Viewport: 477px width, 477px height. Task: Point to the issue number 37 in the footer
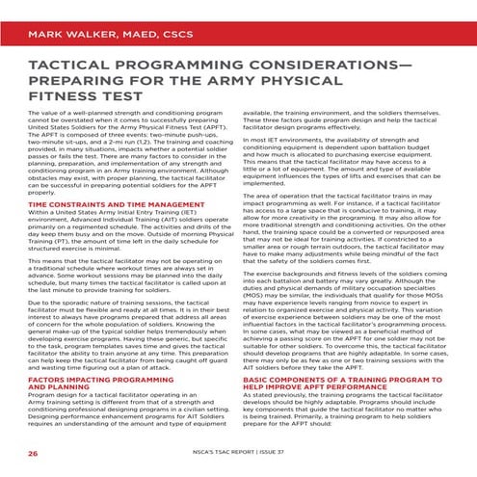coord(324,451)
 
